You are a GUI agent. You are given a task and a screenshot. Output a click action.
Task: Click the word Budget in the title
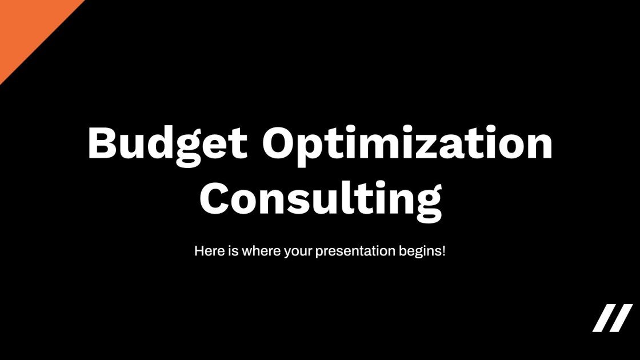click(x=167, y=143)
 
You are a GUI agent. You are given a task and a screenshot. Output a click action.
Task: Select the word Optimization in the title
click(x=407, y=143)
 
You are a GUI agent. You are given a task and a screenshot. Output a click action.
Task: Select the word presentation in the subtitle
click(x=355, y=251)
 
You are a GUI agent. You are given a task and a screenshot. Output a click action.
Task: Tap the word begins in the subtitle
click(x=420, y=251)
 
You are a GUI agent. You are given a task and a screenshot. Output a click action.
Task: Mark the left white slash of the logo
click(x=604, y=318)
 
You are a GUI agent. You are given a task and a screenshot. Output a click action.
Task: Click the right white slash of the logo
click(x=622, y=318)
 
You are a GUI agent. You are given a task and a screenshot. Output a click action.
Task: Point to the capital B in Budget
click(x=102, y=143)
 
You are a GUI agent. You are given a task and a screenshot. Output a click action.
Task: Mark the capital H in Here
click(x=199, y=251)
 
